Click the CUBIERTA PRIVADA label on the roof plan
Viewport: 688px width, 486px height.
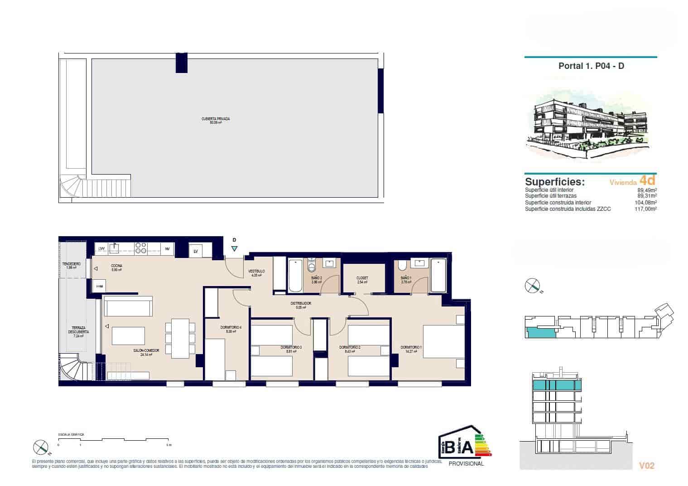pos(216,119)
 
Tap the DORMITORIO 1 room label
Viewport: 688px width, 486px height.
pos(411,348)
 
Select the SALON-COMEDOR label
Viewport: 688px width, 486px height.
pos(143,350)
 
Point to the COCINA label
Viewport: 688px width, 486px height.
pos(117,266)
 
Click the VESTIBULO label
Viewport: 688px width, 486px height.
pos(256,272)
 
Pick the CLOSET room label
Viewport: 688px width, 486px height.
pos(362,278)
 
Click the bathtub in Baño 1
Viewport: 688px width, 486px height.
pos(438,275)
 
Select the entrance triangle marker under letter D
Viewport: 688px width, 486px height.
pos(234,248)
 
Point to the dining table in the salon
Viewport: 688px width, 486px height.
pos(180,337)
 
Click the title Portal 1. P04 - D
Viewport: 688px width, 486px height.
pos(591,66)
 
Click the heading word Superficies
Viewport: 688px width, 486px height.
pos(555,182)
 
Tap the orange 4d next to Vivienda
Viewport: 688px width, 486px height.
pos(648,180)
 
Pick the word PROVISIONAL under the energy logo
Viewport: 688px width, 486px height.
pos(466,463)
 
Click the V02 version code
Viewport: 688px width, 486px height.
pos(646,466)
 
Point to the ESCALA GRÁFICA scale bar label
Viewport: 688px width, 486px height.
pos(71,434)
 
